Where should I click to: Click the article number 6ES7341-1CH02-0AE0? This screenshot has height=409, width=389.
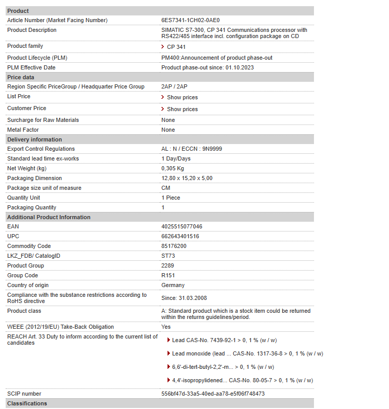click(190, 20)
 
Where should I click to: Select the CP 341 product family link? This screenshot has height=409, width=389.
click(176, 47)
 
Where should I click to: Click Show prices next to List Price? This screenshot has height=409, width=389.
click(182, 97)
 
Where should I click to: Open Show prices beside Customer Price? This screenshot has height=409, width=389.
click(182, 109)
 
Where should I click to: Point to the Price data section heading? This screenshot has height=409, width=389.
click(21, 77)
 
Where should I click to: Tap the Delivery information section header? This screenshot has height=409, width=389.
click(34, 139)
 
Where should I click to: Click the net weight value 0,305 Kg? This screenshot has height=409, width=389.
click(173, 168)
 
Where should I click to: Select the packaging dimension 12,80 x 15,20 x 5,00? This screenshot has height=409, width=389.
click(187, 178)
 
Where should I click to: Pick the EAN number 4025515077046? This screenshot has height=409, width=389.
click(181, 226)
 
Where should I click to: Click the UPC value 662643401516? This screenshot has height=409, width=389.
click(180, 236)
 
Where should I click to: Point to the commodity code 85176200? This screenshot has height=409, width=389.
click(174, 246)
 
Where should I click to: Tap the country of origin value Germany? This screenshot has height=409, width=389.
click(173, 285)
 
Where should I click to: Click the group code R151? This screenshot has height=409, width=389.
click(168, 275)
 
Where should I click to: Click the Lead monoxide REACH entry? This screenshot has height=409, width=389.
click(247, 353)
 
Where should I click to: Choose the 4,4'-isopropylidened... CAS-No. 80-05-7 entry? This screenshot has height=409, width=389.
click(242, 380)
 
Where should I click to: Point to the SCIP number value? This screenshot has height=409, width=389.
click(213, 394)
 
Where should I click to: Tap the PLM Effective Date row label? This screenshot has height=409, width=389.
click(31, 67)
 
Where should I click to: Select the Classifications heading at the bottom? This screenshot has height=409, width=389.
click(27, 403)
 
